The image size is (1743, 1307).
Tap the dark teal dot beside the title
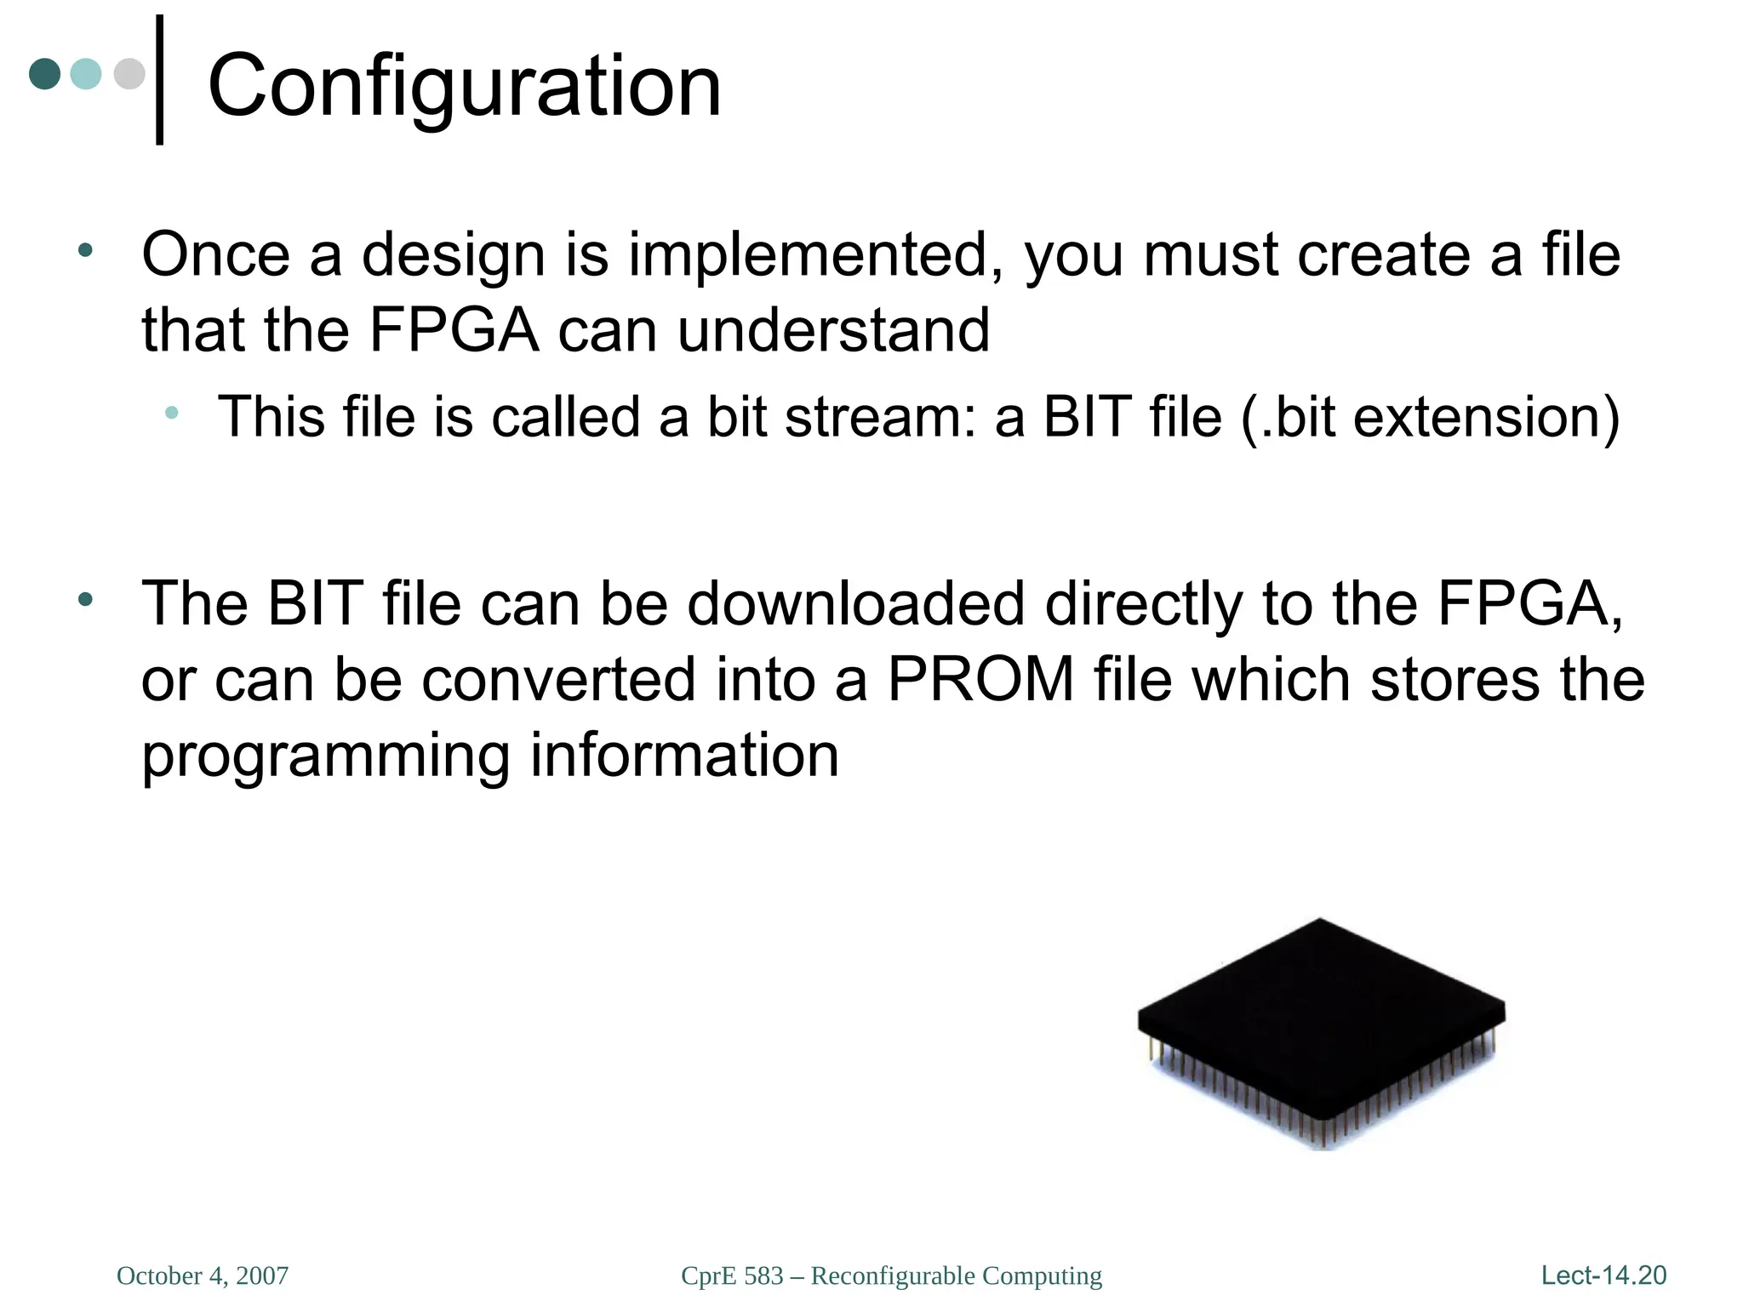coord(45,74)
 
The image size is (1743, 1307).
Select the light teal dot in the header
coord(86,74)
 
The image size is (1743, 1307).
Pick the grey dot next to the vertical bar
coord(129,74)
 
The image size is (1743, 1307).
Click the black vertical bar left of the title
coord(160,80)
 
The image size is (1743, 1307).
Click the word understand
coord(833,330)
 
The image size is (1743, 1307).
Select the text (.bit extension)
coord(1431,417)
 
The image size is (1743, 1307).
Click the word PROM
coord(980,679)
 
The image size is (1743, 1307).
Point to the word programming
coord(326,756)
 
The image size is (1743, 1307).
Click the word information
coord(684,756)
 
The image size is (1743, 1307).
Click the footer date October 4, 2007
coord(203,1276)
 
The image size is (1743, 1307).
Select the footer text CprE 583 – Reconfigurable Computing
coord(891,1276)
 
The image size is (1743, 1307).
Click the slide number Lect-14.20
coord(1603,1275)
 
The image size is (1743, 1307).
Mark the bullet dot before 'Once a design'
coord(84,251)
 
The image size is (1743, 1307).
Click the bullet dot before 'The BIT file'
coord(84,600)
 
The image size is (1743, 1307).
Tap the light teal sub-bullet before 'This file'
coord(172,413)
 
